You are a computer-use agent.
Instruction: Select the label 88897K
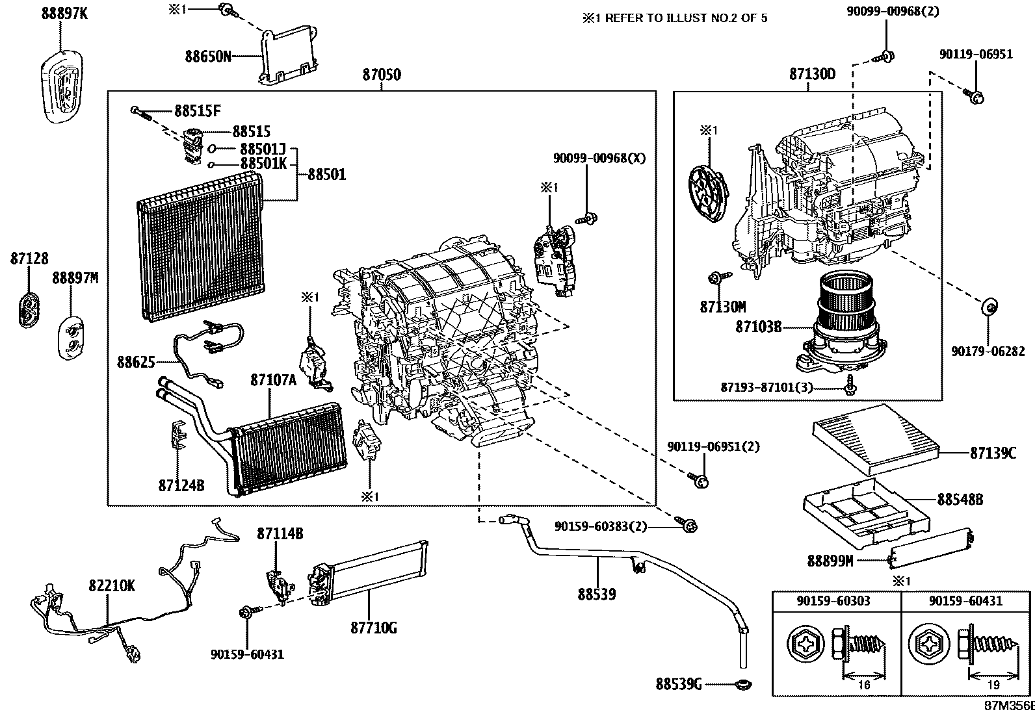[63, 12]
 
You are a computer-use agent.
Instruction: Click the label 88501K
[263, 164]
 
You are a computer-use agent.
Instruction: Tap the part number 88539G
[678, 684]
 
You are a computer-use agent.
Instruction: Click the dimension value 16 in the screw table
[864, 684]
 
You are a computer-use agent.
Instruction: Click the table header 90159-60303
[833, 601]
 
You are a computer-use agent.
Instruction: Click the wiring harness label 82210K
[111, 586]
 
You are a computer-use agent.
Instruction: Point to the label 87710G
[373, 628]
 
